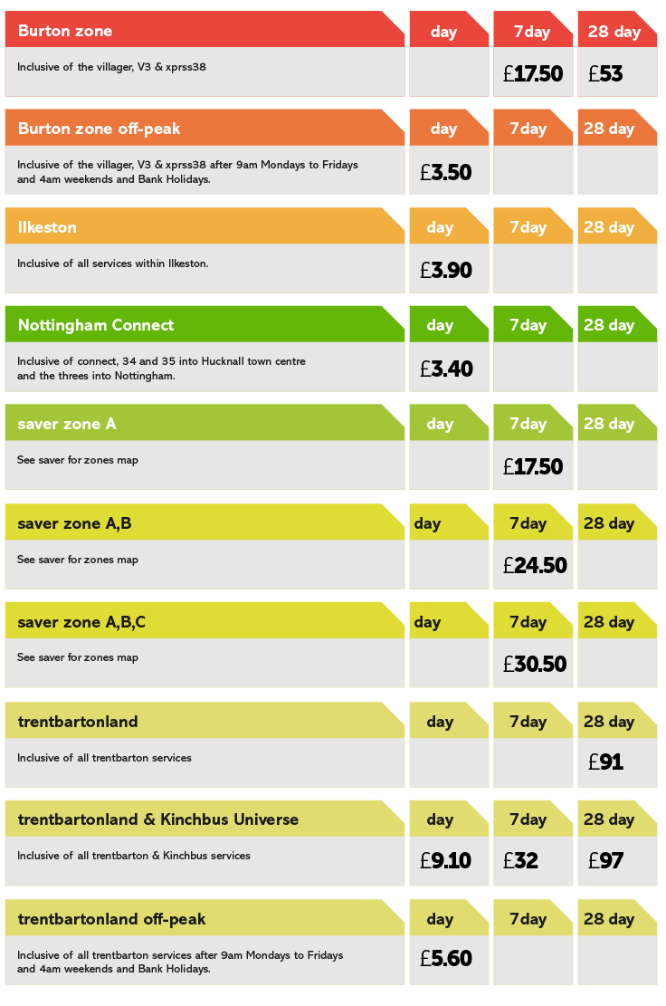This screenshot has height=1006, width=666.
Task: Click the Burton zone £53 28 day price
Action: point(605,74)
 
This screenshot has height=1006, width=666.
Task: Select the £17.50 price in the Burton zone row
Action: point(533,74)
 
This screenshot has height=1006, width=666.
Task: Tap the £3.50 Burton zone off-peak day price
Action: point(446,172)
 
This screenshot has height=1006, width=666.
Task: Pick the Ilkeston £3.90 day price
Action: point(446,270)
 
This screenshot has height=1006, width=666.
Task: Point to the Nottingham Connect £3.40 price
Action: point(446,369)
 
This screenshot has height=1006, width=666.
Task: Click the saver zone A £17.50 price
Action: point(533,467)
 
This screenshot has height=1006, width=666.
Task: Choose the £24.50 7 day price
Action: point(535,566)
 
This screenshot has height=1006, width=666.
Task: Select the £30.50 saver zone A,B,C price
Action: point(535,664)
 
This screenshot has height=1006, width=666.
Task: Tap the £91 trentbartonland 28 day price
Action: point(605,762)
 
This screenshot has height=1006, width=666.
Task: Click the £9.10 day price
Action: point(446,861)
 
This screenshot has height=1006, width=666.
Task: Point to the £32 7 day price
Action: point(521,861)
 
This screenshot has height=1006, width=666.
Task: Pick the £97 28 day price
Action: point(605,861)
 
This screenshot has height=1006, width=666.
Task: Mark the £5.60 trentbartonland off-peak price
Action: point(446,959)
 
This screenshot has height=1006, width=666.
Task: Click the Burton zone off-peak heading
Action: point(99,129)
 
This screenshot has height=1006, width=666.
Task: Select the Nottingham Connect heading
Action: point(96,325)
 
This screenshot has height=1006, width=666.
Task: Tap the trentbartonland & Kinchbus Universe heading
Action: point(157,819)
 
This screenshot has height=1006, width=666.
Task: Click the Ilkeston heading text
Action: point(47,227)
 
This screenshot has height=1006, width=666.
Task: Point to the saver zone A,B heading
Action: point(74,523)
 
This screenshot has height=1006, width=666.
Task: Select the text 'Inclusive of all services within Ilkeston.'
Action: point(113,263)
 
